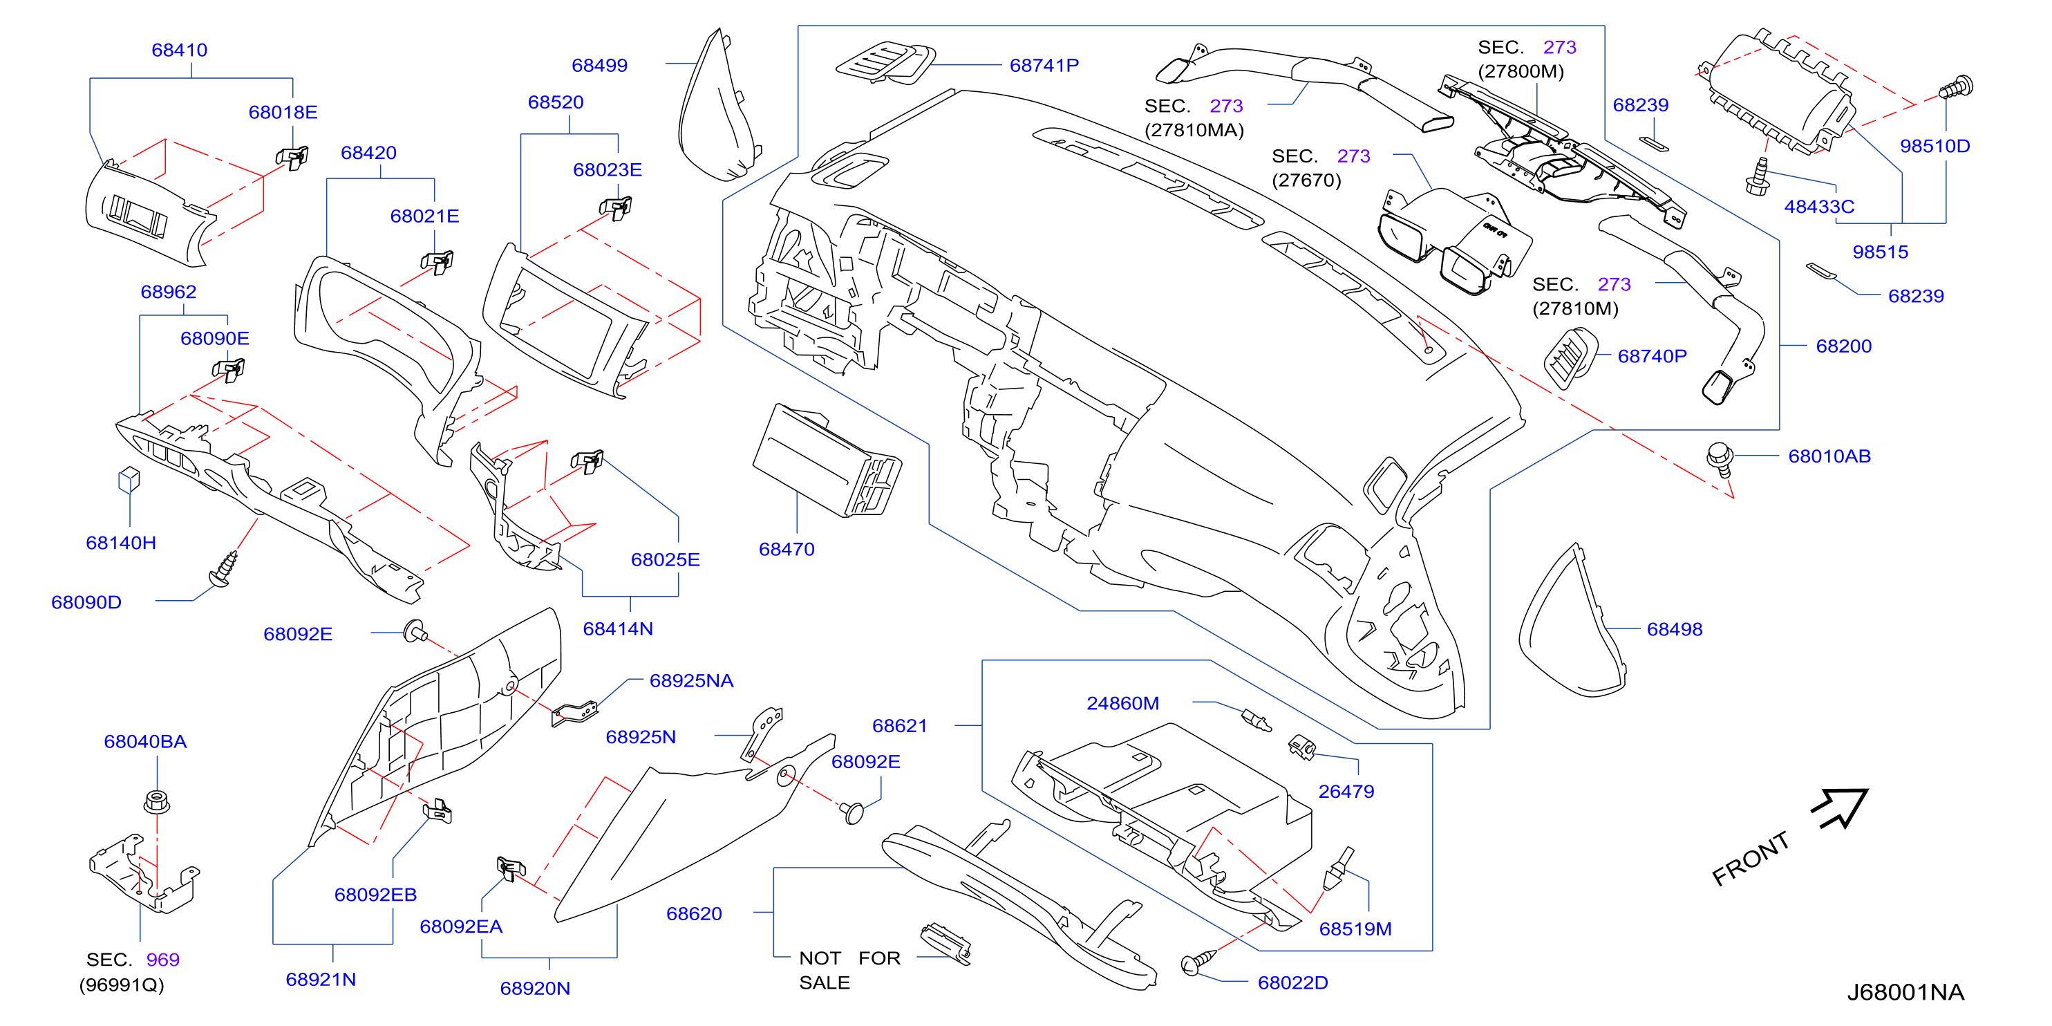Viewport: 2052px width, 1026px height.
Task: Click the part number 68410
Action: tap(179, 50)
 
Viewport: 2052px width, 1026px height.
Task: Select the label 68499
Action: tap(599, 65)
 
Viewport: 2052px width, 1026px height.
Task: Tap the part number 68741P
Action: tap(1044, 65)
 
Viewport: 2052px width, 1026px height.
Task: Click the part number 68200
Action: tap(1843, 346)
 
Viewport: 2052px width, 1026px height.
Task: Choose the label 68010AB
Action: tap(1829, 456)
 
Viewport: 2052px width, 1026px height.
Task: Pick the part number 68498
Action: tap(1675, 628)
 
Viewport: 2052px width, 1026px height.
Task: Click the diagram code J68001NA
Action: tap(1905, 991)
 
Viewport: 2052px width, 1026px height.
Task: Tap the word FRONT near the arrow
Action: tap(1751, 859)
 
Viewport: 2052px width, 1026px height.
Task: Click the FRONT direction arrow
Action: tap(1842, 808)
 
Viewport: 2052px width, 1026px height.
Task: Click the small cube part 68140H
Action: tap(129, 480)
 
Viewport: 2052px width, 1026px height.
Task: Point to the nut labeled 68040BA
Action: tap(157, 801)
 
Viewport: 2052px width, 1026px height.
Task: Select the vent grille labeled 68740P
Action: tap(1570, 357)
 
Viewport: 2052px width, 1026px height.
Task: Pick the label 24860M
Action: tap(1122, 702)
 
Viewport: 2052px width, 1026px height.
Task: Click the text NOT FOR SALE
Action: tap(849, 969)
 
